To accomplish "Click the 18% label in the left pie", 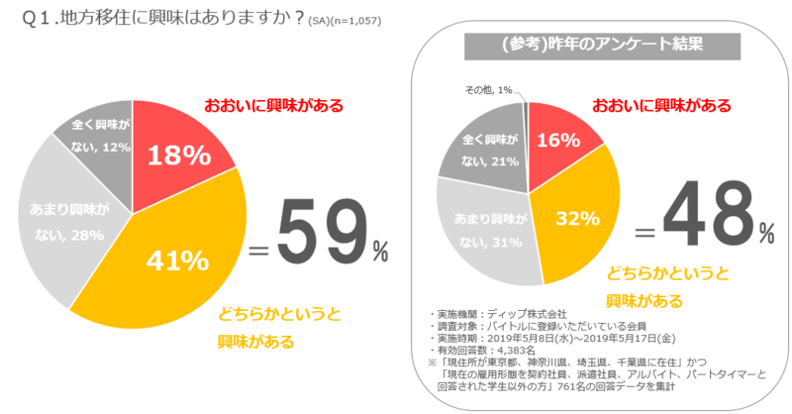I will click(178, 155).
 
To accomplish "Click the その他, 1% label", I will click(488, 90).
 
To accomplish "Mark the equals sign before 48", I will click(645, 233).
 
